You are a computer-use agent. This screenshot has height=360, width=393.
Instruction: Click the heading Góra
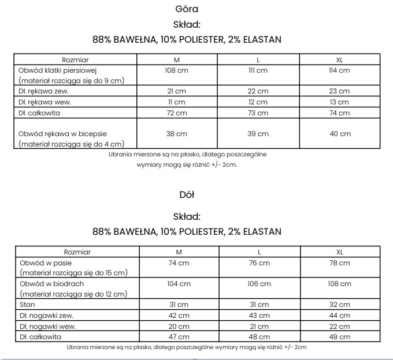[x=187, y=9]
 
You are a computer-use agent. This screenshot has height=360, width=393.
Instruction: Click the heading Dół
[x=187, y=195]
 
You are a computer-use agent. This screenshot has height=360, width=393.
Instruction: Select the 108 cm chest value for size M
[x=176, y=70]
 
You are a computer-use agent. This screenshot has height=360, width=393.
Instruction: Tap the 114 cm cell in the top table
[x=340, y=70]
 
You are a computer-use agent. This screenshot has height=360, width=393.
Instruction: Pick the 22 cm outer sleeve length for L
[x=258, y=91]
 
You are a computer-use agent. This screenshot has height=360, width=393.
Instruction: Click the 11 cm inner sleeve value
[x=176, y=102]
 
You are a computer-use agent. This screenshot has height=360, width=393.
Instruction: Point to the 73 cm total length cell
[x=258, y=113]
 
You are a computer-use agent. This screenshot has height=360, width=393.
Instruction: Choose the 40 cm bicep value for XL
[x=340, y=134]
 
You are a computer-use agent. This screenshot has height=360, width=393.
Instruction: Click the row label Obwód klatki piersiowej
[x=57, y=70]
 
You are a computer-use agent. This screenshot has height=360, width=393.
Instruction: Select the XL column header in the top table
[x=340, y=59]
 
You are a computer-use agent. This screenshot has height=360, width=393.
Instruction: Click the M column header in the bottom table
[x=178, y=252]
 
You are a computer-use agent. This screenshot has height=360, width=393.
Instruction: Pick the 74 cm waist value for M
[x=178, y=263]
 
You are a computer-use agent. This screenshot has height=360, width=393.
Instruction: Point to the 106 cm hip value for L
[x=259, y=284]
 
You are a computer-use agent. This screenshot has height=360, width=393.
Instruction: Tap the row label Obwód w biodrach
[x=52, y=284]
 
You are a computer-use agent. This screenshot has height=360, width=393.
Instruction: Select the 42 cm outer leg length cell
[x=178, y=316]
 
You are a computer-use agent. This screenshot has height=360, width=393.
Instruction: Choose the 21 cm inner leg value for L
[x=259, y=327]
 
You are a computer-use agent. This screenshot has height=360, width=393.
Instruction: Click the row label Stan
[x=27, y=305]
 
